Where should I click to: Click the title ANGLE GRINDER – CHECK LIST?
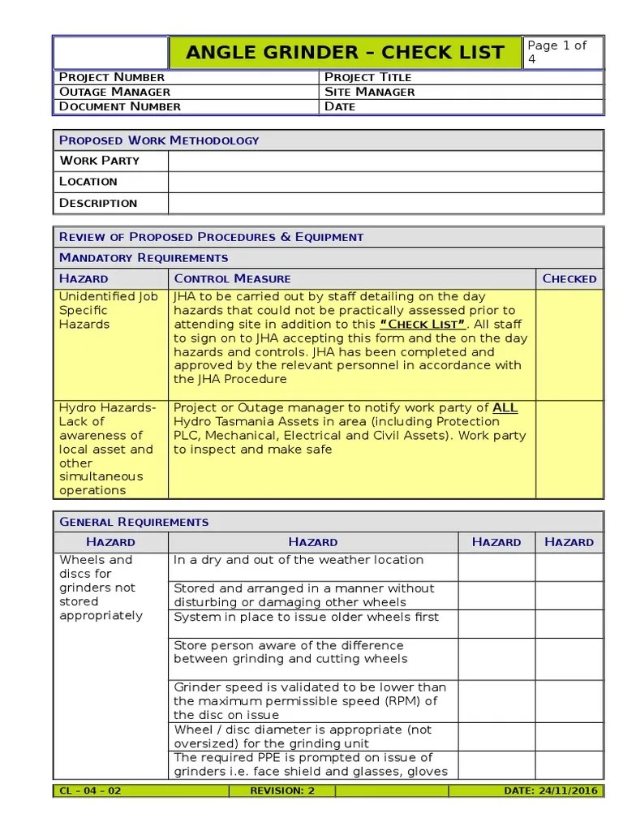346,54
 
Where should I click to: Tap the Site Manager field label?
369,92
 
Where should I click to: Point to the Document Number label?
119,106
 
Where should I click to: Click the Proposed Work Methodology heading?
159,140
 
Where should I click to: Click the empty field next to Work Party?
385,161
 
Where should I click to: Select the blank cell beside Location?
385,182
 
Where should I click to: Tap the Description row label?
98,203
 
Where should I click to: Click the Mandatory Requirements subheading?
144,258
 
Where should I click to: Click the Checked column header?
569,278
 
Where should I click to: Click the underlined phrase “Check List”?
423,325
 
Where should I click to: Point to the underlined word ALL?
505,407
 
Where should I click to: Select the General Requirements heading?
134,522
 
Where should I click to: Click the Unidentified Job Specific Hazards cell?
109,310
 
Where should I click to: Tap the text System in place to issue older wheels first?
306,617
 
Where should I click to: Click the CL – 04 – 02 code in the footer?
90,790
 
